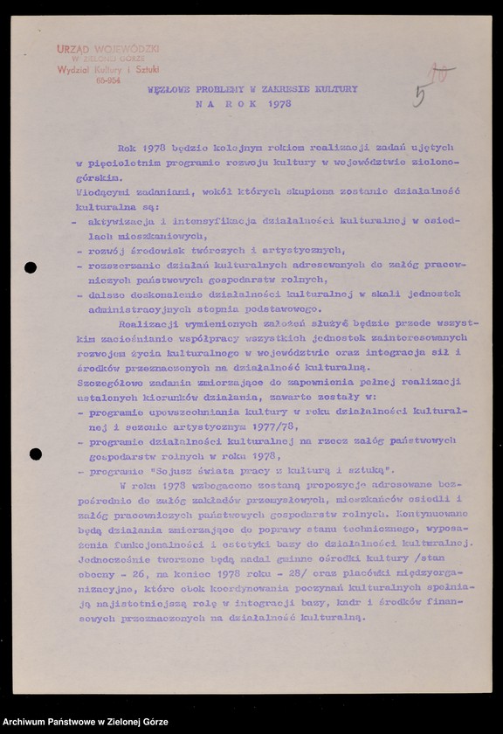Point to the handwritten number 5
420,95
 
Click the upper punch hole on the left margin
30,267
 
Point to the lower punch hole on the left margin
35,454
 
